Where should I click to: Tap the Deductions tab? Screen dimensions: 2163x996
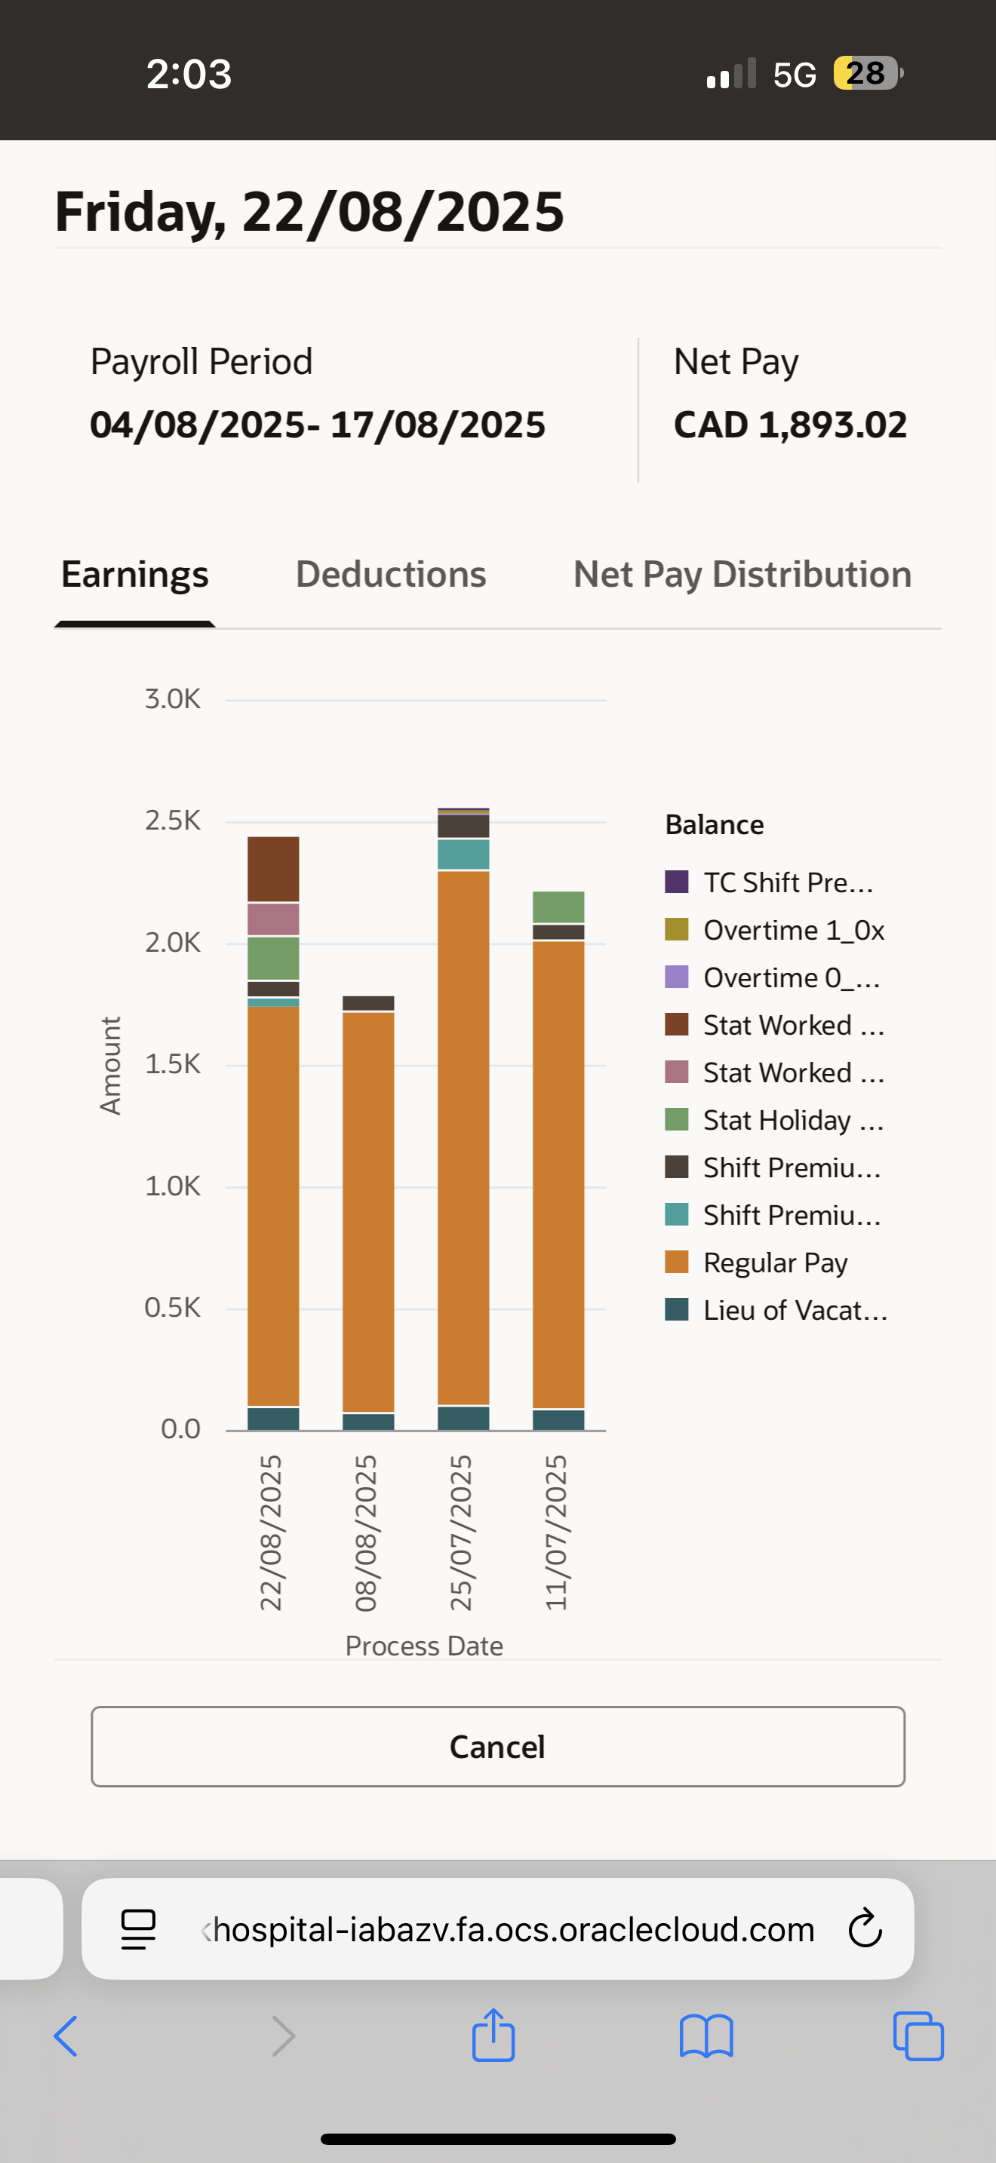391,575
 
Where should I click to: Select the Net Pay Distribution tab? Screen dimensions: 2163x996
742,575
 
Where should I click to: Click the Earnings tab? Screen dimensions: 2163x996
134,575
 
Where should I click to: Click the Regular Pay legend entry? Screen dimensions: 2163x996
774,1262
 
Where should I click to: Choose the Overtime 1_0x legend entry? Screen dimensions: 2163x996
793,929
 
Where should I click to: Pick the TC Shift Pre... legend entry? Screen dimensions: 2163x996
788,882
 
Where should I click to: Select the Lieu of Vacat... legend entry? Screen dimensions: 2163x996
795,1310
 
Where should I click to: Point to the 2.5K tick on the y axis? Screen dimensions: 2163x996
172,821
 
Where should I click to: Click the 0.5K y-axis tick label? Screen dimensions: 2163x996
172,1307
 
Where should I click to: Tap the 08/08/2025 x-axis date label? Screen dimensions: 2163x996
366,1533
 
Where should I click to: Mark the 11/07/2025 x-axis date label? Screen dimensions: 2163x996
557,1533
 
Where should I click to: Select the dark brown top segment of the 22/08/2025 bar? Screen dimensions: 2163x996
273,868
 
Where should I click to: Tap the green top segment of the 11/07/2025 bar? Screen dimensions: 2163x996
558,907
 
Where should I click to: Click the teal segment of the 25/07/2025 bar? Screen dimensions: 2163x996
463,854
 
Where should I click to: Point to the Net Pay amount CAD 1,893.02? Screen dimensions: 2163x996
789,425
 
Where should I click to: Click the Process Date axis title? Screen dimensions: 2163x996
424,1646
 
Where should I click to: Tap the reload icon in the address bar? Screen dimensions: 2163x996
864,1928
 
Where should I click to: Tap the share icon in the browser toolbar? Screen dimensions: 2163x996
493,2036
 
